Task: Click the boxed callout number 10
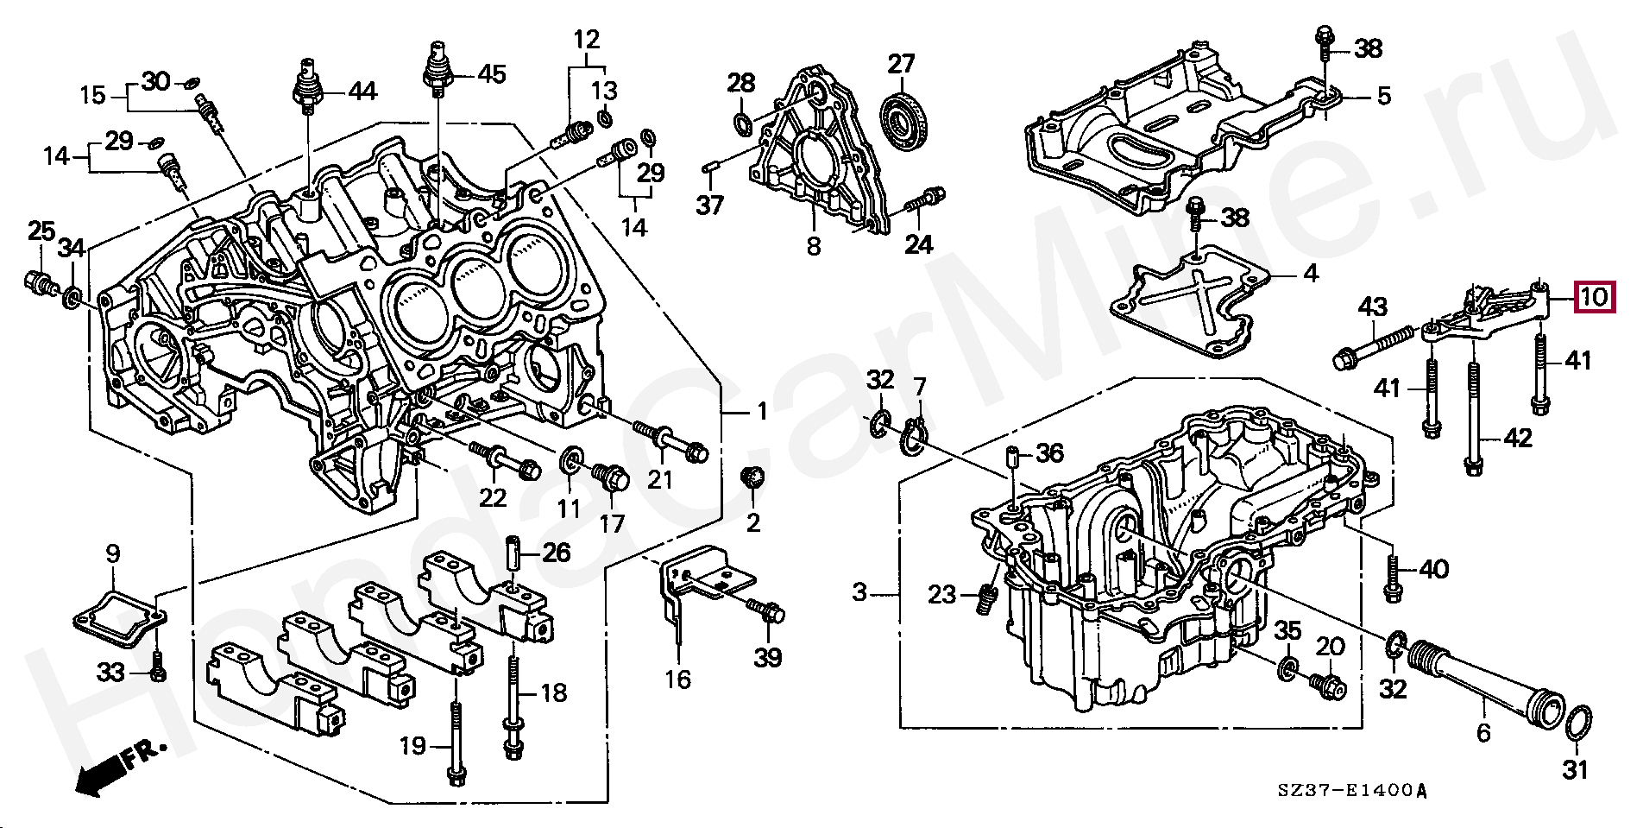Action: pyautogui.click(x=1594, y=298)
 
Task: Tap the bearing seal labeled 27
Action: pyautogui.click(x=905, y=121)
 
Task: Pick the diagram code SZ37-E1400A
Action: pyautogui.click(x=1353, y=791)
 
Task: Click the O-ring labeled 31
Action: pyautogui.click(x=1578, y=723)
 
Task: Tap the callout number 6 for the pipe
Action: pyautogui.click(x=1483, y=733)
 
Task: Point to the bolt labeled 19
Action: pyautogui.click(x=456, y=743)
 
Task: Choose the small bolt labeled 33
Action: pyautogui.click(x=157, y=669)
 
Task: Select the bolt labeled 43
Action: pyautogui.click(x=1375, y=344)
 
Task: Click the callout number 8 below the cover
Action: pyautogui.click(x=814, y=246)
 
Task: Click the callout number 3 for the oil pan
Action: pyautogui.click(x=859, y=592)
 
